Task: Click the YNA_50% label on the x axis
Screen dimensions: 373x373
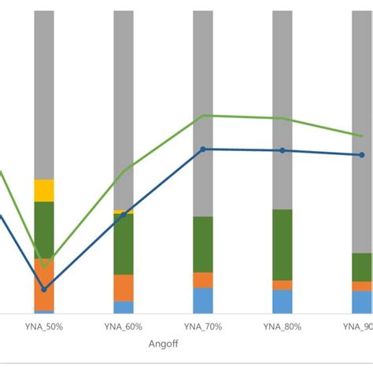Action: coord(44,327)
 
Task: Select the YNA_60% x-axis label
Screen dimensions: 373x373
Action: coord(124,327)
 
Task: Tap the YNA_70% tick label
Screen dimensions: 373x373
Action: coord(203,327)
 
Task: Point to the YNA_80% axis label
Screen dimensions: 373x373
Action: coord(283,327)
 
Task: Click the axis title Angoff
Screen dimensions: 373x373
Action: coord(163,344)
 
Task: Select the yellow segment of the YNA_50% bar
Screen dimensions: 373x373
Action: coord(44,190)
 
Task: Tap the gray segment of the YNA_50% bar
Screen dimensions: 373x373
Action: coord(44,94)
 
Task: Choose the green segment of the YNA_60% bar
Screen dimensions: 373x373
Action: coord(124,244)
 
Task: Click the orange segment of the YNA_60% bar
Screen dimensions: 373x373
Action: coord(124,287)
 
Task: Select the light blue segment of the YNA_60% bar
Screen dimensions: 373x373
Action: coord(124,307)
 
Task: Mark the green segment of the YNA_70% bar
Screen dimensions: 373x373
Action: coord(203,244)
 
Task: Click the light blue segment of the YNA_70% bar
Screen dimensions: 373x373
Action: coord(203,301)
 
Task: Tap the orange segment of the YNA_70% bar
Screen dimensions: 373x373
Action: coord(203,280)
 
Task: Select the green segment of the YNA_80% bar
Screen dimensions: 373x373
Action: coord(283,244)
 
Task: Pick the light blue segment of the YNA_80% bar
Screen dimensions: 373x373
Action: coord(283,301)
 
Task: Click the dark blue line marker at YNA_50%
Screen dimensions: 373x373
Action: coord(44,289)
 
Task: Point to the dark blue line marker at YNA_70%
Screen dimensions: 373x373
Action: coord(203,149)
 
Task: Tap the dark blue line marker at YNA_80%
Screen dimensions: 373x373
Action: coord(283,150)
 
